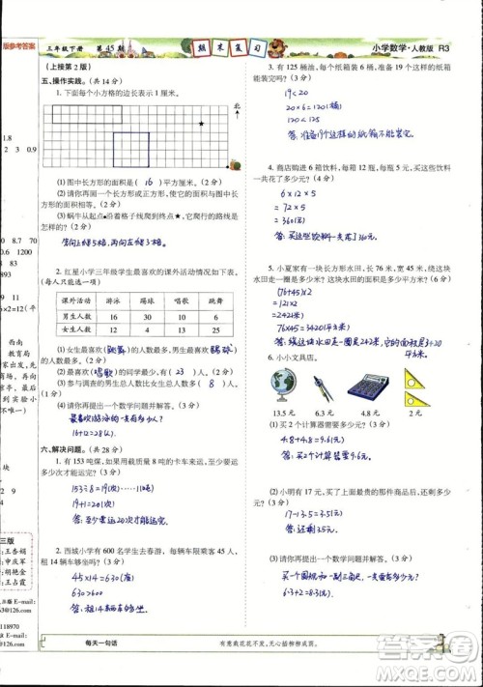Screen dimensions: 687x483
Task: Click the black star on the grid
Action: point(200,124)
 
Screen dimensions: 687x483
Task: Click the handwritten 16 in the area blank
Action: point(151,180)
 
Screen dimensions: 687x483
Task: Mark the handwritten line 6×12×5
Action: point(295,193)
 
